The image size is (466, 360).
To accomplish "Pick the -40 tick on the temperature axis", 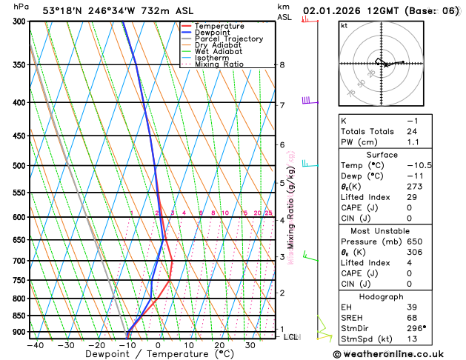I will [x=34, y=344].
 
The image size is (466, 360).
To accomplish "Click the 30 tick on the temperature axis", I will [x=250, y=344].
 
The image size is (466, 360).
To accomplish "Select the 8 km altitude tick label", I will [x=282, y=65].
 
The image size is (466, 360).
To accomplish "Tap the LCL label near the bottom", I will [x=291, y=337].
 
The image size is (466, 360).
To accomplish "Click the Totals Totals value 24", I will [x=413, y=131].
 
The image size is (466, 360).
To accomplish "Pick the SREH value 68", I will [x=412, y=318].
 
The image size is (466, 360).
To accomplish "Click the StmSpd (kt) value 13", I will [x=412, y=339].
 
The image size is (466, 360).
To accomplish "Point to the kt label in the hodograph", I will [x=344, y=25].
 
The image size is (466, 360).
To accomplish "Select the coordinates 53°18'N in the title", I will [x=61, y=11].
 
